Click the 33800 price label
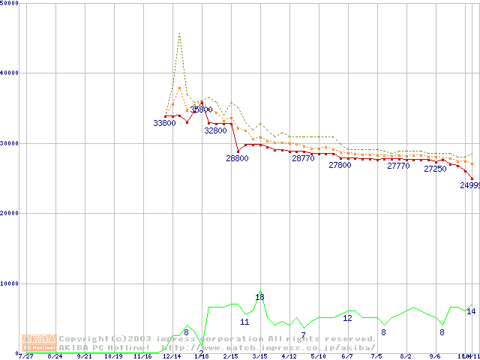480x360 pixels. [x=164, y=123]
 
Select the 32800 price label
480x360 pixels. [x=215, y=130]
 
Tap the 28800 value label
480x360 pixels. [x=237, y=158]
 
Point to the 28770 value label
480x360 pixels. [x=303, y=158]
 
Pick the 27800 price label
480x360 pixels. [x=340, y=165]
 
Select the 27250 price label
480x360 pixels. [x=435, y=169]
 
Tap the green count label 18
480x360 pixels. [x=259, y=298]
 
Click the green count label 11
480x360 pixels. [x=244, y=322]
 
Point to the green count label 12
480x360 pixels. [x=347, y=318]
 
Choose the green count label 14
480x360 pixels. [x=471, y=311]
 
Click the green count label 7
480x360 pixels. [x=303, y=335]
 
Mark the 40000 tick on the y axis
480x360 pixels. [x=10, y=73]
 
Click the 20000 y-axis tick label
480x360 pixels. [x=10, y=213]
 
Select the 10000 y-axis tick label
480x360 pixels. [x=10, y=283]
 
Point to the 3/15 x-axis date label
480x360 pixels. [x=259, y=356]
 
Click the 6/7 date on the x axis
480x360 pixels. [x=347, y=356]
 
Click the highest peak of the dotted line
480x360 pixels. [x=179, y=33]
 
